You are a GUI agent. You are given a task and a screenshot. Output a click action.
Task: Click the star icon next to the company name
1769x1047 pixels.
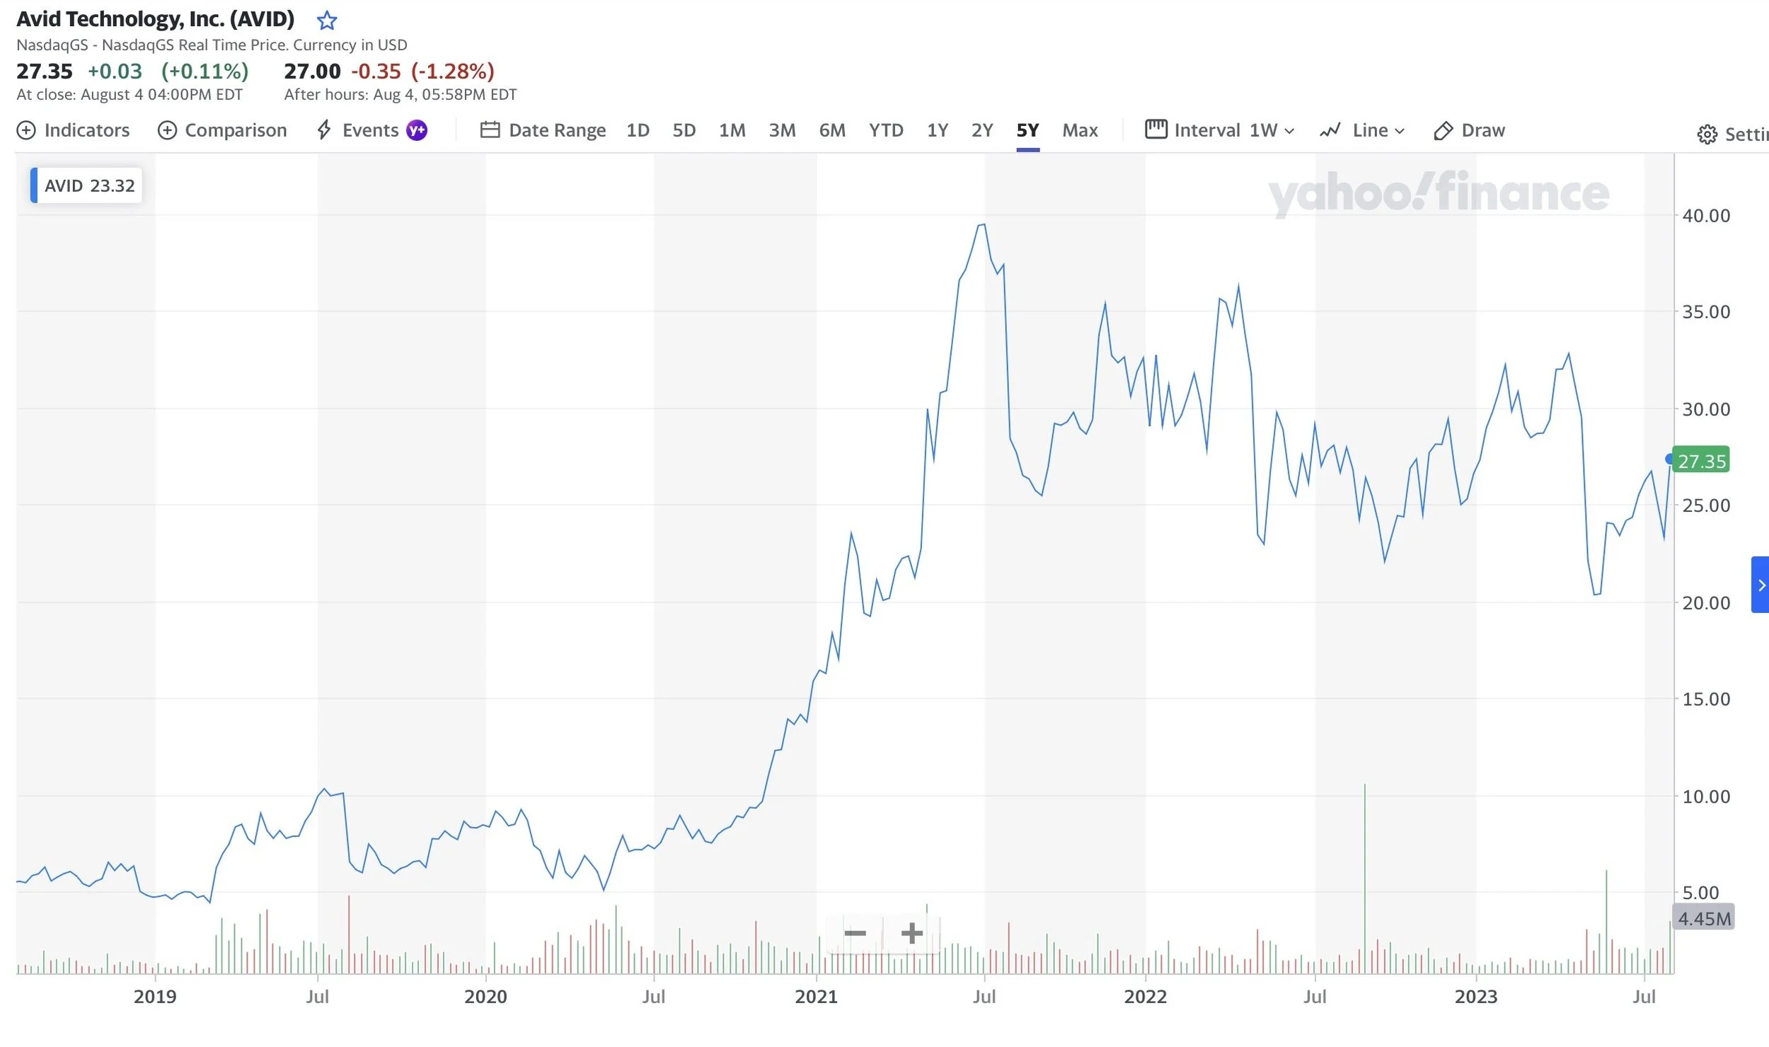326,21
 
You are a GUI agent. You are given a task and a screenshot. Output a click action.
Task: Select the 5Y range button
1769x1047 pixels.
1027,130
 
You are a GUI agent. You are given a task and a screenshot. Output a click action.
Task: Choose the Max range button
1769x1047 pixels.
1080,130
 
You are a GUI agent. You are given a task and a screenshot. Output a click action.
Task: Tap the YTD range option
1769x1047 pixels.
886,130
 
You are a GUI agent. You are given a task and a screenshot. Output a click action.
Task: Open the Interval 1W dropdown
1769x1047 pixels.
1220,130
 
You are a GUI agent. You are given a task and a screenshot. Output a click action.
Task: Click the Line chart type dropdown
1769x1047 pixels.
1362,130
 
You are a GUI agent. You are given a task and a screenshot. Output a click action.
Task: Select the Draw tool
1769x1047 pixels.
1470,130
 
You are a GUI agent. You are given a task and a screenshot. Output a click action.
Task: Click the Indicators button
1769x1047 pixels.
73,130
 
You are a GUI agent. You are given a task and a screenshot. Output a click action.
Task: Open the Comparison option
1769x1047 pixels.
222,130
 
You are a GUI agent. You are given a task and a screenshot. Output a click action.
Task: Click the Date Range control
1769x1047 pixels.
543,130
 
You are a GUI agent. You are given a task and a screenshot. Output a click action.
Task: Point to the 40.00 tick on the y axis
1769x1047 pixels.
1705,215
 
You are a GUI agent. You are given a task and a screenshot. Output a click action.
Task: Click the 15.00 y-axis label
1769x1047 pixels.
1705,699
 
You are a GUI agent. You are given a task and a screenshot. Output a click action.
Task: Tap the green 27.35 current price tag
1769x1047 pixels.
1702,461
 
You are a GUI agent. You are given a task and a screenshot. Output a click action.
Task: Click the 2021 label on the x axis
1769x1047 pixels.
816,997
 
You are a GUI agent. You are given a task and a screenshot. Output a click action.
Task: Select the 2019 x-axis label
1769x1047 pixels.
155,997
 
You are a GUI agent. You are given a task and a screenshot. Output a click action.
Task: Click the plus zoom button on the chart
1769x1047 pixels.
911,933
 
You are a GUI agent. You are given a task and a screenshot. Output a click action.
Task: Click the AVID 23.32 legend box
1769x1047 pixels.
87,185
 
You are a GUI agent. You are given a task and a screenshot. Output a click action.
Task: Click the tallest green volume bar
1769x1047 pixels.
1364,878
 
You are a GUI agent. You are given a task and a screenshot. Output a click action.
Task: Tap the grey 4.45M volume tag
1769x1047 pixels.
1704,918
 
